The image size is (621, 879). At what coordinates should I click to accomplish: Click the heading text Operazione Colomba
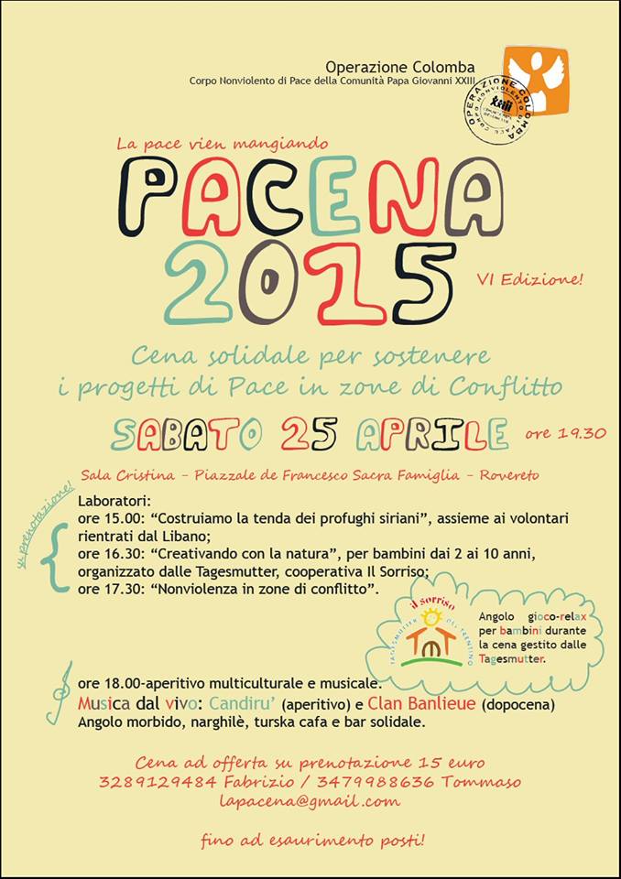point(400,67)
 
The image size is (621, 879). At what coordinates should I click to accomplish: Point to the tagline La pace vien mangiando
point(222,143)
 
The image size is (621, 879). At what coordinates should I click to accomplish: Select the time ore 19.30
point(565,433)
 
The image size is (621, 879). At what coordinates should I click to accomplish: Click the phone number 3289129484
point(158,781)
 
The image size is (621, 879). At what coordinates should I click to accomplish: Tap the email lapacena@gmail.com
point(310,801)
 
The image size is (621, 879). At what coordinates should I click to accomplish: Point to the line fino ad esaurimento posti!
point(312,840)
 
